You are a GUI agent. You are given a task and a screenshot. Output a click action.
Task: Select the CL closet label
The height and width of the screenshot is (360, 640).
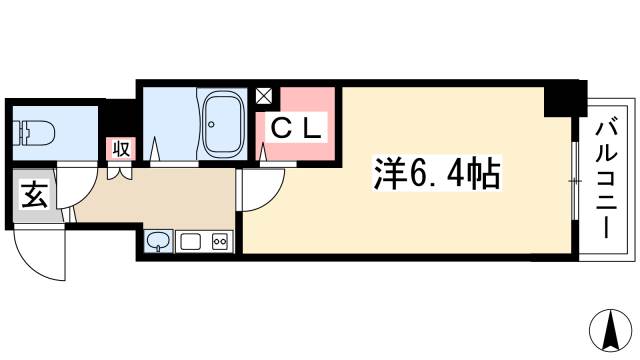coord(295,128)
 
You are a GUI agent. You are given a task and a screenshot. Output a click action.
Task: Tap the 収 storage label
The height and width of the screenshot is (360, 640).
coord(120,149)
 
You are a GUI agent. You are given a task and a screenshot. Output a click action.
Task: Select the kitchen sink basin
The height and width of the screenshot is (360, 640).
coord(157,241)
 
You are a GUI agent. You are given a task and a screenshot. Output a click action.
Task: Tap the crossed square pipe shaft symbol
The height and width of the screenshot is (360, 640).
coord(264,97)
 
